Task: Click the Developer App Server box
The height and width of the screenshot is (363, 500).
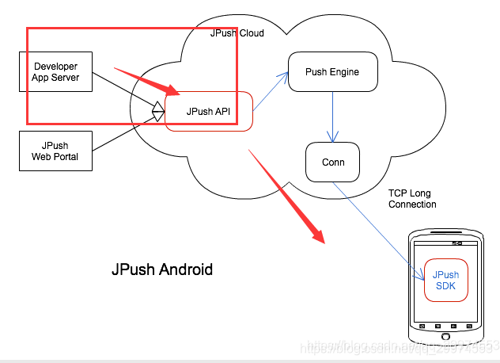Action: click(x=55, y=71)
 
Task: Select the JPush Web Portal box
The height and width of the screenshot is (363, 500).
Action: click(x=55, y=151)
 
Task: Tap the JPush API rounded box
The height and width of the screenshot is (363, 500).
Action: click(x=208, y=112)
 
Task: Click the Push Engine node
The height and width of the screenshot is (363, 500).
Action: click(x=332, y=72)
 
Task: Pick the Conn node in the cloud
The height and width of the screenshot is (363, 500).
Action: click(x=332, y=162)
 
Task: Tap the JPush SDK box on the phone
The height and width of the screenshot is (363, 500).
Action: click(x=445, y=281)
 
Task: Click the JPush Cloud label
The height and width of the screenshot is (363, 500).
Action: click(x=237, y=33)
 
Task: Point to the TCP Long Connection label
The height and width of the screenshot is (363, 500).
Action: click(x=412, y=199)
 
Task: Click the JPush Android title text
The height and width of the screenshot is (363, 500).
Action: click(x=162, y=270)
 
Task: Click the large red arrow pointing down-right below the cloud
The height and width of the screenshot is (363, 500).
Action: click(x=288, y=196)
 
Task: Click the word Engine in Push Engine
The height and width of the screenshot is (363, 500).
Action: click(x=344, y=72)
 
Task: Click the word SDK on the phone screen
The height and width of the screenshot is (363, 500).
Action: click(x=445, y=286)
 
